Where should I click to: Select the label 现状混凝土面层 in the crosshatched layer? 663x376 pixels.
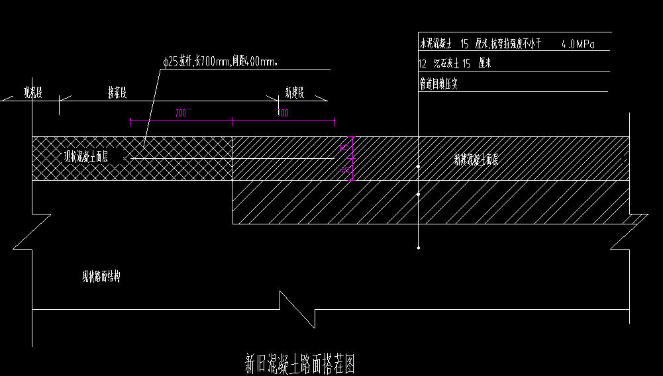pos(86,157)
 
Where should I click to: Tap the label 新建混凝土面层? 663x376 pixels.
pos(476,159)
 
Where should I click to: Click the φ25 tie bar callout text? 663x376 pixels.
pos(220,62)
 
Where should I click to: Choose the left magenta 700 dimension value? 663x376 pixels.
pos(180,113)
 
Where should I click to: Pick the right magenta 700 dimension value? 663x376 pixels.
pos(283,113)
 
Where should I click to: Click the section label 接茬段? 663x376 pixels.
pos(118,92)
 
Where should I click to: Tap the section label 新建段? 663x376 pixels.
pos(294,92)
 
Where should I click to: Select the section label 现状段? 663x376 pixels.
pos(33,92)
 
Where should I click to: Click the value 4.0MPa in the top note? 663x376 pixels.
pos(578,45)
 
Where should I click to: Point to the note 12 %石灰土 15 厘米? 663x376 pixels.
pos(454,64)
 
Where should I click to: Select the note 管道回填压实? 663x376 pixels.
pos(438,84)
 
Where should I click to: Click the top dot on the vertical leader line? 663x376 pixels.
pos(419,167)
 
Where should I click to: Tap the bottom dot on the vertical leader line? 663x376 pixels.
pos(419,248)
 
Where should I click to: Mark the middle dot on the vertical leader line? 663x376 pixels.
pos(419,195)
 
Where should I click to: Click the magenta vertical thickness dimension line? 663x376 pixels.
pos(352,159)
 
